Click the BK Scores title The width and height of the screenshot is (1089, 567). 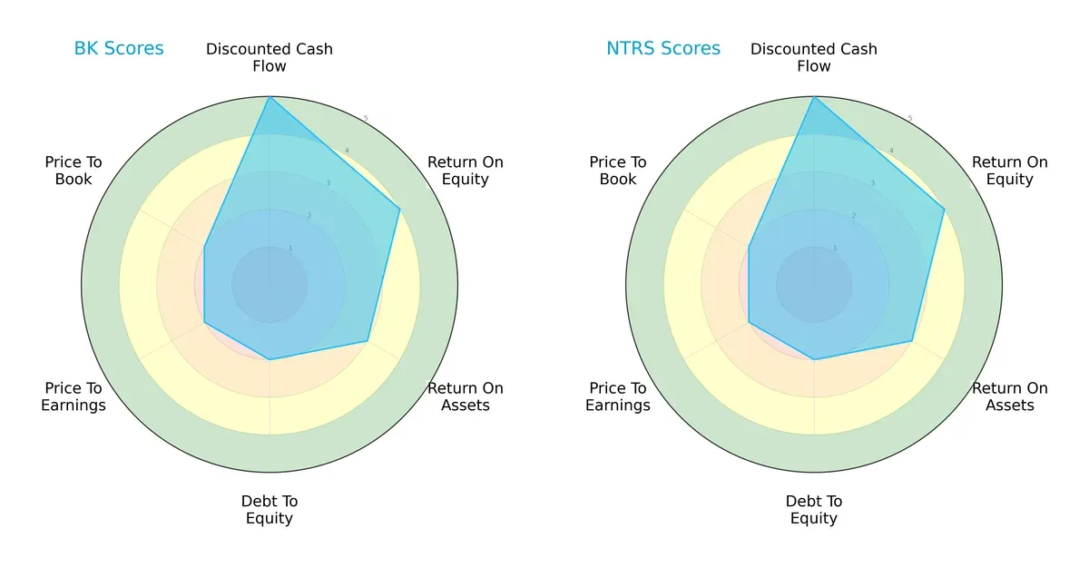click(x=119, y=48)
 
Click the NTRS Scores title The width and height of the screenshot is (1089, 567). click(x=663, y=48)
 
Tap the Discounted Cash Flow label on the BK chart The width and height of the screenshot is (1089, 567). click(x=270, y=57)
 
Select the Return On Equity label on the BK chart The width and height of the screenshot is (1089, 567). click(x=466, y=171)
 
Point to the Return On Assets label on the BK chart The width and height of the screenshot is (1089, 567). click(x=466, y=396)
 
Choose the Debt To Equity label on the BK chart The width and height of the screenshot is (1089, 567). click(x=270, y=510)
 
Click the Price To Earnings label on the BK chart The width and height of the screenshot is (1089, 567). click(x=74, y=396)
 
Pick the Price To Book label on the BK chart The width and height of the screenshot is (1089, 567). click(x=74, y=171)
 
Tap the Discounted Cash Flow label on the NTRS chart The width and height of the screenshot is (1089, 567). click(x=814, y=57)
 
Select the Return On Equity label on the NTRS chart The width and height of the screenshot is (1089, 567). click(x=1010, y=171)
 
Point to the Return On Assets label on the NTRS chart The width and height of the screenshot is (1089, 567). click(x=1010, y=396)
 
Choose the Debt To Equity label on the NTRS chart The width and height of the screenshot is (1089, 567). click(x=814, y=510)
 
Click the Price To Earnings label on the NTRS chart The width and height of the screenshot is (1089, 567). click(x=618, y=396)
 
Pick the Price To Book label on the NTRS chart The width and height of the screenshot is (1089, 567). click(x=618, y=171)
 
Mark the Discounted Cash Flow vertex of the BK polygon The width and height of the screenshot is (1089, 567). click(x=270, y=97)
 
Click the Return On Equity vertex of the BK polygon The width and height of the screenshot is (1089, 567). click(x=400, y=209)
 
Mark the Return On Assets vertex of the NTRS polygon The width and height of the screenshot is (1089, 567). click(x=912, y=341)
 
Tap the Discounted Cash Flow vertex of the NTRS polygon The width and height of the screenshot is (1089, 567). click(x=814, y=97)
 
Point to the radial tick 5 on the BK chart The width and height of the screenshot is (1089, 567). click(x=366, y=118)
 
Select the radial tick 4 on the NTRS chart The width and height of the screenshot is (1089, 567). click(x=891, y=151)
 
